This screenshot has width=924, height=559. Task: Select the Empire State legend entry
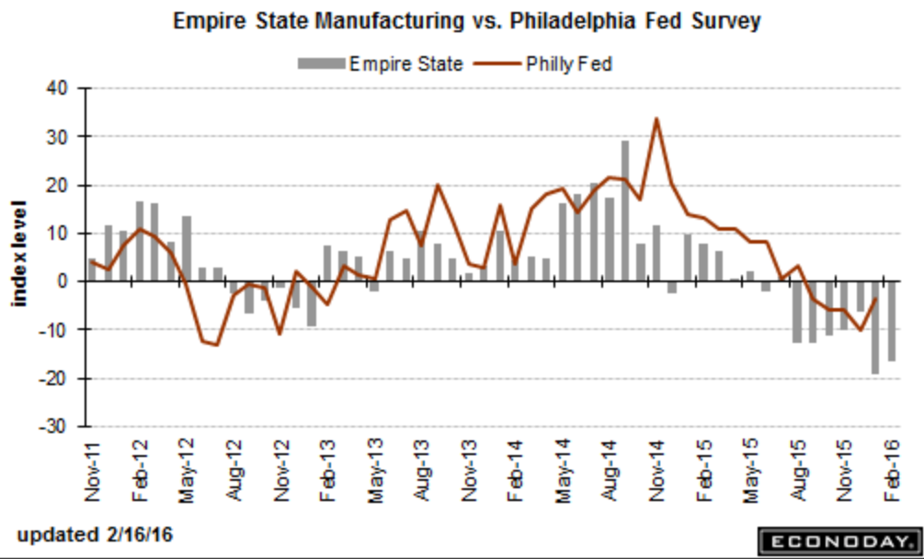click(380, 63)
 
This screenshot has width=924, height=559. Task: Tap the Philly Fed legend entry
click(543, 63)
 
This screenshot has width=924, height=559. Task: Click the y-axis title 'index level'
click(18, 254)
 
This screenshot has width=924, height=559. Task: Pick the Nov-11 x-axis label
click(94, 472)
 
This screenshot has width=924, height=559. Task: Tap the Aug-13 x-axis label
click(423, 472)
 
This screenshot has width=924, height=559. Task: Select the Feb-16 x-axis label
click(892, 472)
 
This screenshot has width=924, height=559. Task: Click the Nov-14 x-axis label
click(657, 472)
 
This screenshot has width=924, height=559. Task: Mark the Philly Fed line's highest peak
click(656, 119)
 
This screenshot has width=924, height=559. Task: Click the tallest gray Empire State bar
click(624, 211)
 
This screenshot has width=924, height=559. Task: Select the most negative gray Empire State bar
click(875, 327)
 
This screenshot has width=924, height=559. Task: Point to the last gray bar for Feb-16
click(891, 321)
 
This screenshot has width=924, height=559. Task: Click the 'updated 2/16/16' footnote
click(95, 535)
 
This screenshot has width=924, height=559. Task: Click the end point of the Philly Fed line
click(875, 299)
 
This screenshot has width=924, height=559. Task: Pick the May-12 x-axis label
click(188, 472)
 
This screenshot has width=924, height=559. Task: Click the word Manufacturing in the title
click(390, 20)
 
